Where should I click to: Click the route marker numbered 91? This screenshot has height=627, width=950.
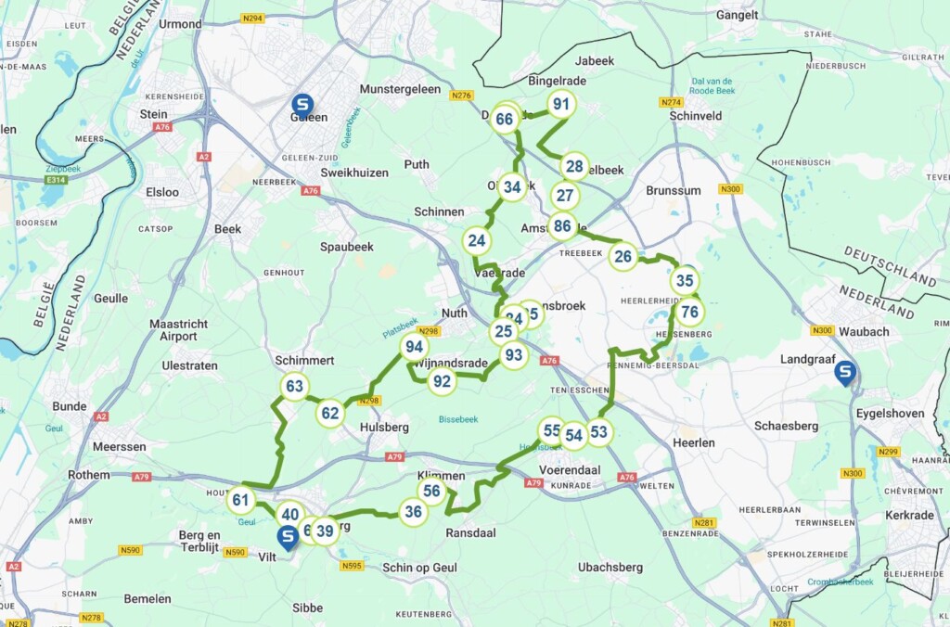point(560,104)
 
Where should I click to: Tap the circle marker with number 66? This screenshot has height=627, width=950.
point(505,119)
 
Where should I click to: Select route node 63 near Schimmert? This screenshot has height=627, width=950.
point(295,387)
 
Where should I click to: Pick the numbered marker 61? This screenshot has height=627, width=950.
point(241,501)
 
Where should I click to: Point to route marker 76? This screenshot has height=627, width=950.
point(689,312)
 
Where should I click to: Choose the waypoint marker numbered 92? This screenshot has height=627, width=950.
point(443,381)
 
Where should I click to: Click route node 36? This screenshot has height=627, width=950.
point(414,511)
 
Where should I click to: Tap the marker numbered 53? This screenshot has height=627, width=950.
point(598,432)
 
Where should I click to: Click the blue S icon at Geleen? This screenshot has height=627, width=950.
point(302,105)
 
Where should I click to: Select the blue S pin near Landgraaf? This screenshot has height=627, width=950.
point(844,373)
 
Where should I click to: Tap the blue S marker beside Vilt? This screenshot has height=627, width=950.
point(289,537)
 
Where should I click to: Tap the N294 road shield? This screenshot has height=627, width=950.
point(252,18)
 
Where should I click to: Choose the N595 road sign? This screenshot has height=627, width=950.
point(352,566)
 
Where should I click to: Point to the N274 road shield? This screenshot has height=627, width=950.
point(671,102)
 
